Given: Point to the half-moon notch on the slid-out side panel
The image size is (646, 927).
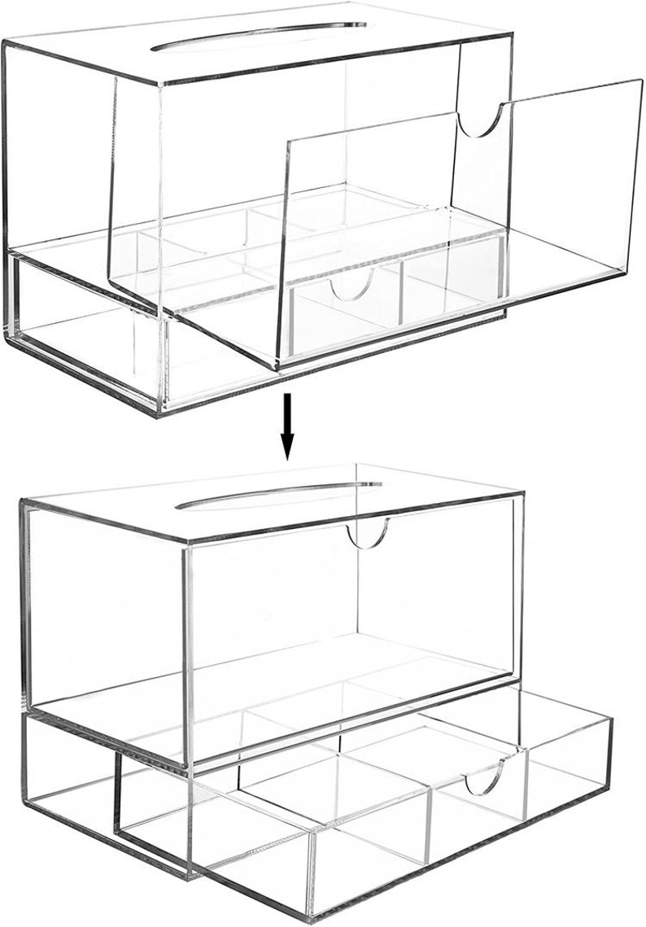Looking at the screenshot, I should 479,121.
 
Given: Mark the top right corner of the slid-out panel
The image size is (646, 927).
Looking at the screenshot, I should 639,81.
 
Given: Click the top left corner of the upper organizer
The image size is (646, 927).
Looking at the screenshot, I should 4,41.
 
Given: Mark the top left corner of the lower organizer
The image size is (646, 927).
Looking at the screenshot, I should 21,502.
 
